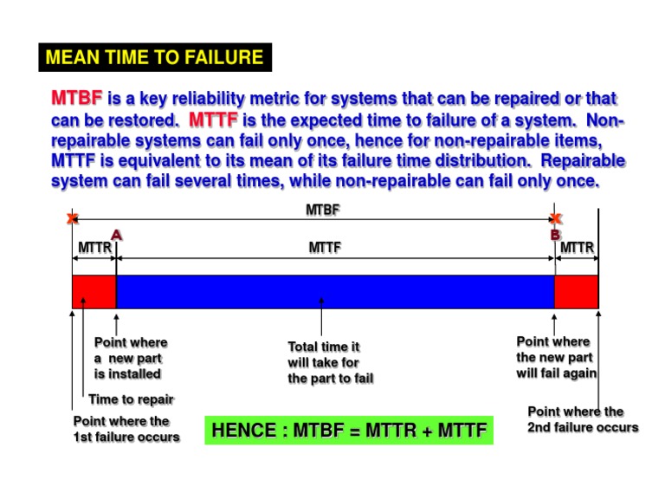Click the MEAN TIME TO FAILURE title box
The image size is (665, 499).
[x=154, y=58]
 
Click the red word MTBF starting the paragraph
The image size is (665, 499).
[x=77, y=100]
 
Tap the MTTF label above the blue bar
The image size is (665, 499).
[x=325, y=249]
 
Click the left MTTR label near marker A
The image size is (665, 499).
[x=95, y=249]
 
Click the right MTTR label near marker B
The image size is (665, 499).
[x=577, y=249]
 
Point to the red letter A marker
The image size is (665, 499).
[x=116, y=234]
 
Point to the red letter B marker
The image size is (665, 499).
[x=555, y=235]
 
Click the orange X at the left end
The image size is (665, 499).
[x=72, y=219]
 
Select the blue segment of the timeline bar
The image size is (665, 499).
[x=335, y=291]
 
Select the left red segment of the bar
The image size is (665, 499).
[x=94, y=291]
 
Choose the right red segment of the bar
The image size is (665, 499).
[x=576, y=291]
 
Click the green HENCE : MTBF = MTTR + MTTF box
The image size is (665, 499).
[x=349, y=431]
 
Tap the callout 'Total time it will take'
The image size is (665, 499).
[x=331, y=363]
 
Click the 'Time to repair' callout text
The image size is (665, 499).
[x=131, y=399]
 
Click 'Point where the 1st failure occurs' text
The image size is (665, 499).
[x=126, y=429]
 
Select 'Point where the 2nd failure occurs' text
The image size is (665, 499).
[x=582, y=419]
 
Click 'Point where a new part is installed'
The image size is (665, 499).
[x=130, y=358]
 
